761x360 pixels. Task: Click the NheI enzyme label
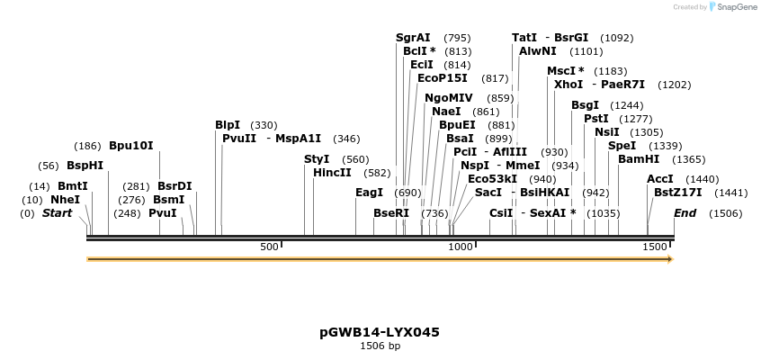65,199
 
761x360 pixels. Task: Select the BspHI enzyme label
85,166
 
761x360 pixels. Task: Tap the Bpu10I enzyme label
131,145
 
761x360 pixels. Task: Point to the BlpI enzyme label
228,125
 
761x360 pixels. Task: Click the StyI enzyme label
318,159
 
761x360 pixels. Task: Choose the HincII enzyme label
333,173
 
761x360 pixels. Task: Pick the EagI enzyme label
369,193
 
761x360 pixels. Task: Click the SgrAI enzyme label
413,38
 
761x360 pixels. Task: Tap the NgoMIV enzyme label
448,98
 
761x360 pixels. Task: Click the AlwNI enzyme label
538,51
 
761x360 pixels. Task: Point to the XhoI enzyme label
569,85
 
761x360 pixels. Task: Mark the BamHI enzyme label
637,159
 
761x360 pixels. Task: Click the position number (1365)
689,159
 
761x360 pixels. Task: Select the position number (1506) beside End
725,213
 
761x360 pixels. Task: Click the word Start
57,213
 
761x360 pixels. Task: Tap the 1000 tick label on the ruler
460,247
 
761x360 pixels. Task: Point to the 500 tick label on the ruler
269,247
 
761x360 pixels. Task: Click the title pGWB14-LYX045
380,332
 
